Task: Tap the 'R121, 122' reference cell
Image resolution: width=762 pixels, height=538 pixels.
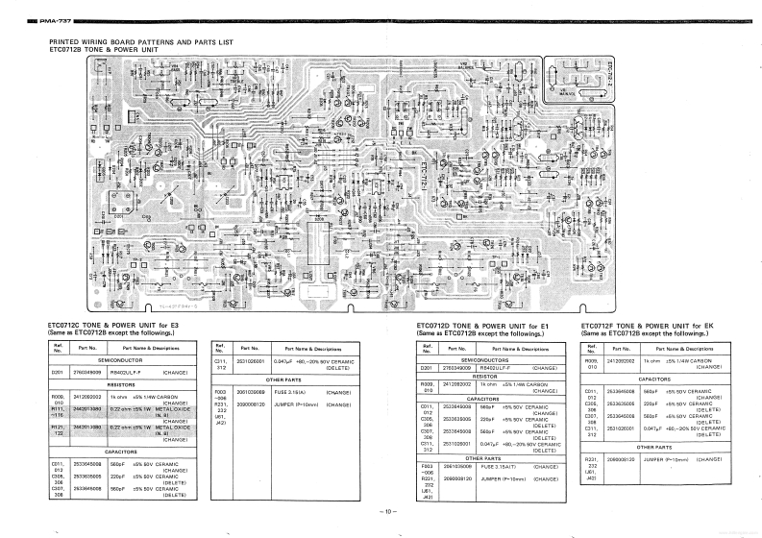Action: (58, 428)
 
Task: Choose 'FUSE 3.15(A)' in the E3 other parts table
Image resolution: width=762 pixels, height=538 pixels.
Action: (289, 393)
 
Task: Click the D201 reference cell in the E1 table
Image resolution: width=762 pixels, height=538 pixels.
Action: (429, 366)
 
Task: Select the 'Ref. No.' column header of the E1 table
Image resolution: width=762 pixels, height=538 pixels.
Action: (429, 348)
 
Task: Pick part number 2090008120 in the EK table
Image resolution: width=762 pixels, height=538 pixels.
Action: (622, 460)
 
